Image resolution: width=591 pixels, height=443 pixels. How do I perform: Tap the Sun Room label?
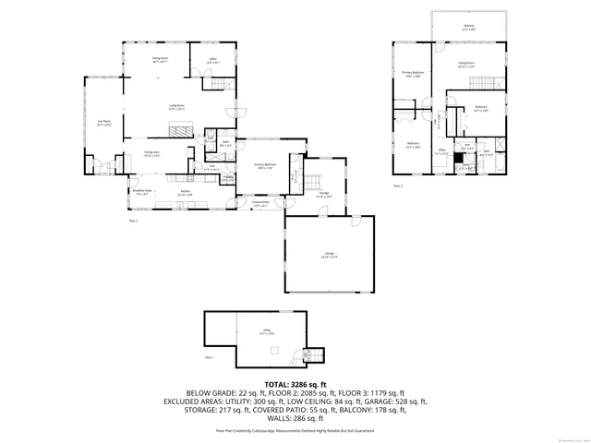pos(104,122)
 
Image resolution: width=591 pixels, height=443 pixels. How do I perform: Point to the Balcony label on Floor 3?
pos(469,28)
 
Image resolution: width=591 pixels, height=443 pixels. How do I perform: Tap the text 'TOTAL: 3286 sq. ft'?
pos(295,383)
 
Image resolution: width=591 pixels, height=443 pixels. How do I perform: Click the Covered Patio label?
pos(261,204)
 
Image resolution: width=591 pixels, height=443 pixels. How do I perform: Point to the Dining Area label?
pos(151,153)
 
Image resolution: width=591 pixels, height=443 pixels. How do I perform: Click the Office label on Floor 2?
pos(211,60)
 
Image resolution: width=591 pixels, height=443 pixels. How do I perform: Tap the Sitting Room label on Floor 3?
pos(466,65)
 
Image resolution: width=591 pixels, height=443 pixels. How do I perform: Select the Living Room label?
pos(175,107)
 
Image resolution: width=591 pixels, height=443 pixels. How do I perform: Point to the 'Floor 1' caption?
pos(209,357)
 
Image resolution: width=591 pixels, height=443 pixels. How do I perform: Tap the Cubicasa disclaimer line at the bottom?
pos(295,430)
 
